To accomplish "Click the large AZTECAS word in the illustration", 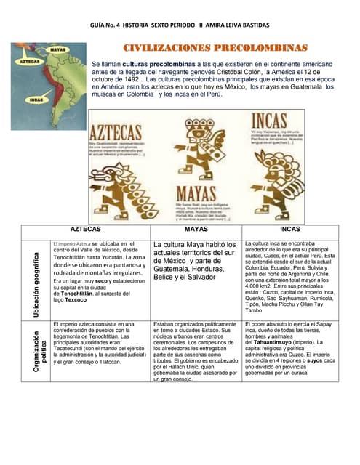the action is pos(115,134).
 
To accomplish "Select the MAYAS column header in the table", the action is pos(196,229).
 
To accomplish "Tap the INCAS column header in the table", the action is pos(289,229).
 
